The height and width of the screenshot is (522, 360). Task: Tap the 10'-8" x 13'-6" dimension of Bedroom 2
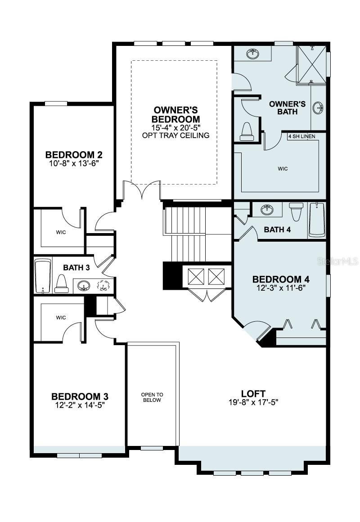pyautogui.click(x=74, y=163)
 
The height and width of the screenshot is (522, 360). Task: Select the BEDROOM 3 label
pyautogui.click(x=80, y=396)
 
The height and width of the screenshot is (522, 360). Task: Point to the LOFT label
pyautogui.click(x=253, y=393)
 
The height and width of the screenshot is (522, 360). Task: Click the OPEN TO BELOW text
pyautogui.click(x=152, y=397)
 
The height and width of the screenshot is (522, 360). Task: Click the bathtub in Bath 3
pyautogui.click(x=43, y=276)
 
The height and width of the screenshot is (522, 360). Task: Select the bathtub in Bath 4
pyautogui.click(x=317, y=219)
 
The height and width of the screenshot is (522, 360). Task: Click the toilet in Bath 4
pyautogui.click(x=296, y=211)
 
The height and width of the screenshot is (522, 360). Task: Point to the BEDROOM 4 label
pyautogui.click(x=281, y=279)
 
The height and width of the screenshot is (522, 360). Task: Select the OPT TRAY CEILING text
pyautogui.click(x=175, y=135)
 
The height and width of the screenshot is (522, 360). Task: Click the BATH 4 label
pyautogui.click(x=277, y=229)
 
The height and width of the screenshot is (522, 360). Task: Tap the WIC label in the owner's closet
pyautogui.click(x=283, y=169)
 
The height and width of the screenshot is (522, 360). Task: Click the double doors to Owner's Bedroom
pyautogui.click(x=142, y=190)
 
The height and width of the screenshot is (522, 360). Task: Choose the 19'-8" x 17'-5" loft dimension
pyautogui.click(x=253, y=403)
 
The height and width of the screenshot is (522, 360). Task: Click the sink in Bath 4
pyautogui.click(x=267, y=209)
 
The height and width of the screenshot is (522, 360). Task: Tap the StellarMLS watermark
pyautogui.click(x=337, y=261)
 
